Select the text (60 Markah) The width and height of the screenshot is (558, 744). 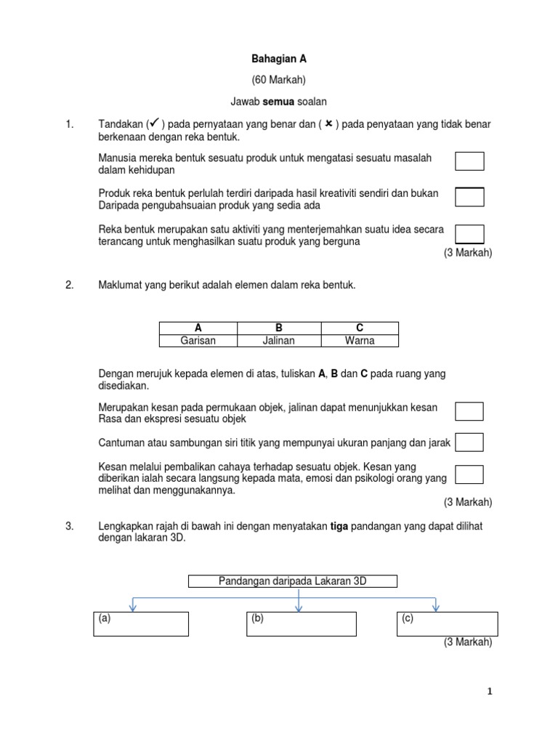[x=278, y=81]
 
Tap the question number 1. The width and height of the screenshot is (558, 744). [x=70, y=125]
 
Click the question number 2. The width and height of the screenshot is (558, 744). [x=70, y=286]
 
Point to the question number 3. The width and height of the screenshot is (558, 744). [x=70, y=526]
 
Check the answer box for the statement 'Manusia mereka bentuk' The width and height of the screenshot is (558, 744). [x=469, y=161]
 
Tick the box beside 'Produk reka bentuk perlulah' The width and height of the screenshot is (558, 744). [x=469, y=197]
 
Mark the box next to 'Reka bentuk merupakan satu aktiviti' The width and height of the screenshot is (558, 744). [x=469, y=233]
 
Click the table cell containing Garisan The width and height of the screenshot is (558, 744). [x=198, y=340]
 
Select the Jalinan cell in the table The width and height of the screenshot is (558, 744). [x=278, y=340]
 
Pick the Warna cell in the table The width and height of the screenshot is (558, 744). [x=359, y=340]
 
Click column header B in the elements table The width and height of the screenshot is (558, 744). [x=278, y=328]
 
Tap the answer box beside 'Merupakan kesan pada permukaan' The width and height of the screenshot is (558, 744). [x=469, y=411]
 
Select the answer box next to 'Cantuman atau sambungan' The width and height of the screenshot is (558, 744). [x=469, y=442]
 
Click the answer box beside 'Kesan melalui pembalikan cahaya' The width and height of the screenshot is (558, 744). [x=469, y=474]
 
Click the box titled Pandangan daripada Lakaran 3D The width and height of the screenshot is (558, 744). [x=293, y=581]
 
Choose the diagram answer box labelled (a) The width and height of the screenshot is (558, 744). [x=141, y=624]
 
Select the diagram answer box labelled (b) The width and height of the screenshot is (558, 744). [x=301, y=624]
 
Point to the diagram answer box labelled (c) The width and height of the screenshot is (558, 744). [x=447, y=623]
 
